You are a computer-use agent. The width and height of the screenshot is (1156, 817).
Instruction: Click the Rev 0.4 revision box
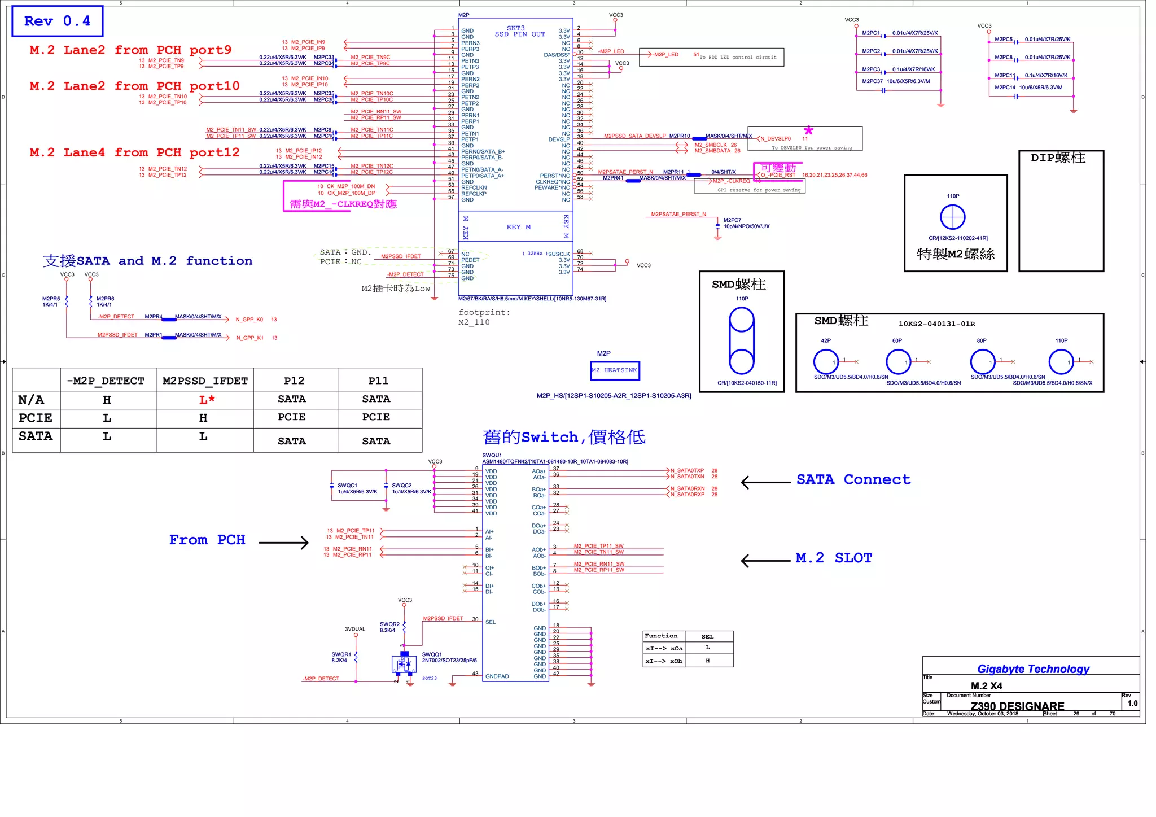click(57, 21)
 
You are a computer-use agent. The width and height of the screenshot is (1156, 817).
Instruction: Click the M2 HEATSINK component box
click(615, 370)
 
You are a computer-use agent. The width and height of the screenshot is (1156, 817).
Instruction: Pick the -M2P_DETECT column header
click(106, 381)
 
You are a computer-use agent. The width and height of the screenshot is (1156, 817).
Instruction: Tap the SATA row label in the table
click(35, 436)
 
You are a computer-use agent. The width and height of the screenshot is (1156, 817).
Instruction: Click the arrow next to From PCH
click(284, 543)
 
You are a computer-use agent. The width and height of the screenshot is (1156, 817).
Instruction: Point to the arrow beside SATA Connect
click(765, 482)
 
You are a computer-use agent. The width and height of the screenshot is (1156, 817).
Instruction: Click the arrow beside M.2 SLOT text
click(765, 560)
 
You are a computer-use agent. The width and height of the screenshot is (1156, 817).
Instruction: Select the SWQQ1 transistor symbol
click(404, 664)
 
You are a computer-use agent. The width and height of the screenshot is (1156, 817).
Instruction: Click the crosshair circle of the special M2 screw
click(952, 217)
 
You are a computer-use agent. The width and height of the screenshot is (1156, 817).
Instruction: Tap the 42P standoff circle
click(825, 361)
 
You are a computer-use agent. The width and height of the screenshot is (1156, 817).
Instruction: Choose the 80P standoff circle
click(982, 361)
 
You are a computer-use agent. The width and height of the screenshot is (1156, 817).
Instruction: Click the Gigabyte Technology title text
click(1033, 669)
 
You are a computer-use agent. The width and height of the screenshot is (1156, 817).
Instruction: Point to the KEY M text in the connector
click(518, 227)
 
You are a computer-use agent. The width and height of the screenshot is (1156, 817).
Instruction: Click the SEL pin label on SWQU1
click(490, 622)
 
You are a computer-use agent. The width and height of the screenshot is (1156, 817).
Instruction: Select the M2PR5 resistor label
click(51, 299)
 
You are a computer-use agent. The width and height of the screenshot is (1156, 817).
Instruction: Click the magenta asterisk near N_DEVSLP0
click(808, 130)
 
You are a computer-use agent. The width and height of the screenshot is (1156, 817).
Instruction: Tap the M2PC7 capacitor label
click(732, 220)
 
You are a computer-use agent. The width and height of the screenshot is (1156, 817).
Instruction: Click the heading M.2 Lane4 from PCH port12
click(134, 153)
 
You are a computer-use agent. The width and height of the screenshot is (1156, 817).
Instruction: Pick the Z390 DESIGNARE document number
click(1017, 706)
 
